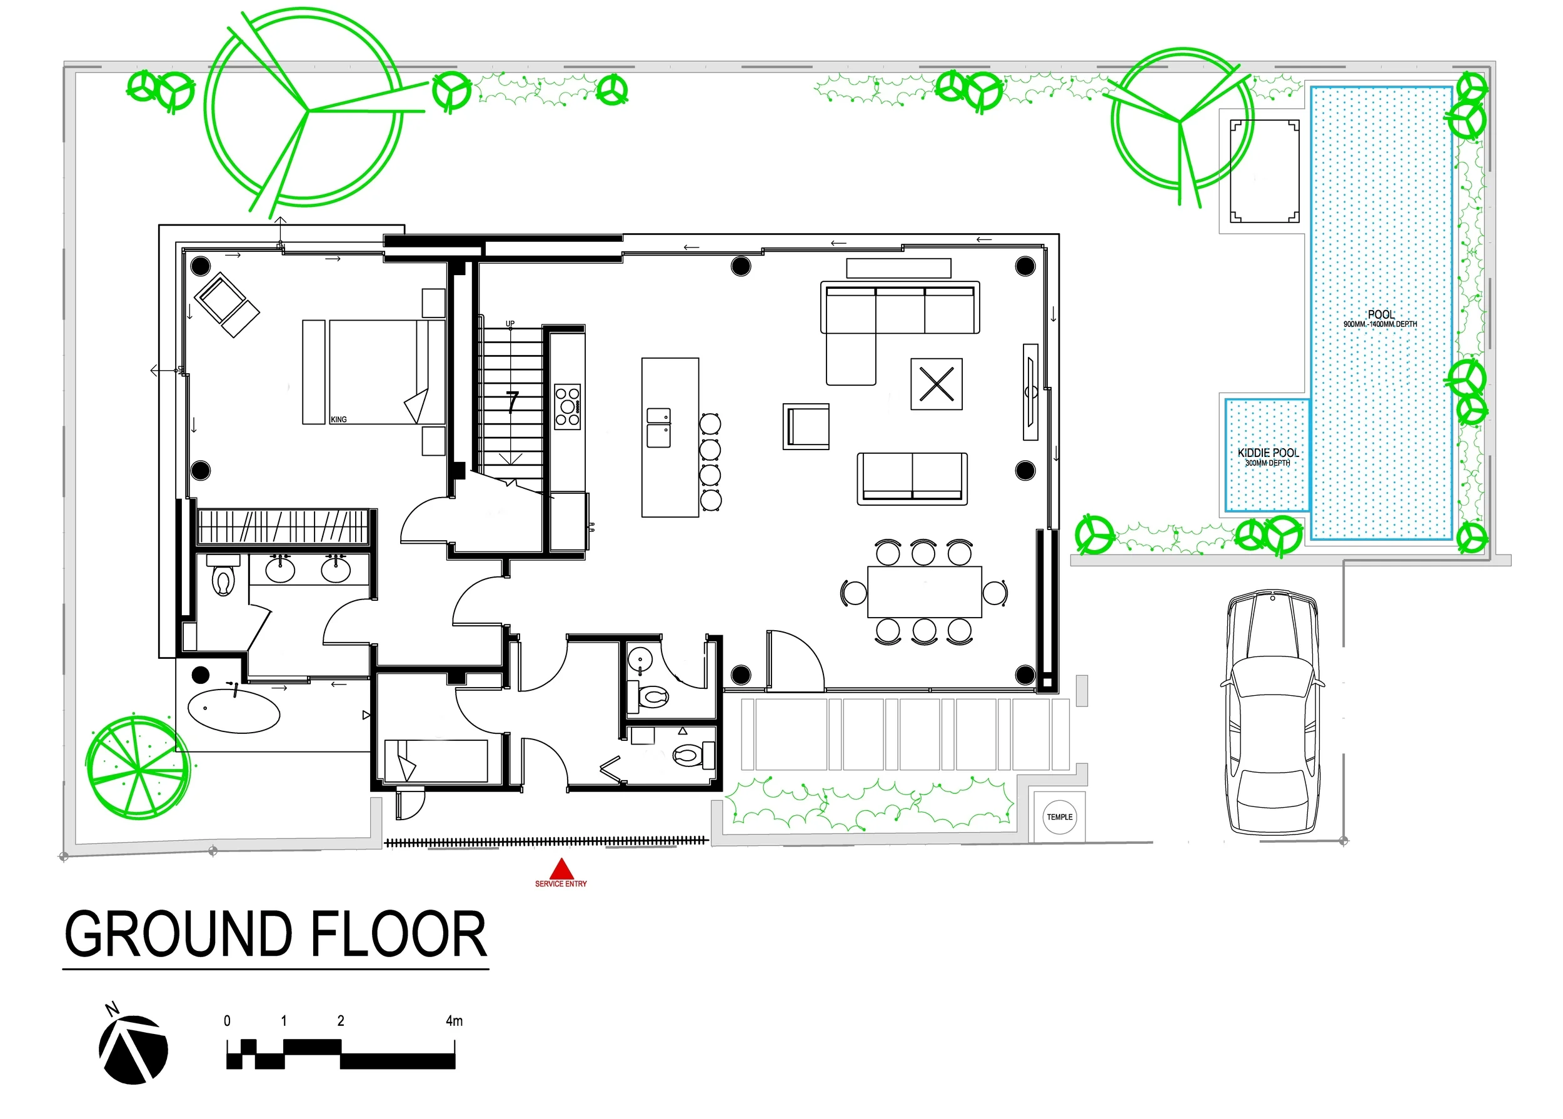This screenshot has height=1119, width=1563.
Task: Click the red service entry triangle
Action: coord(561,868)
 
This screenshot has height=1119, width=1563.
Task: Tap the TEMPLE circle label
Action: coord(1059,817)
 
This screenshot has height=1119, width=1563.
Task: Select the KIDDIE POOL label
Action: coord(1268,453)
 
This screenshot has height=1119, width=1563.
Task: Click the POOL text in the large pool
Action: coord(1381,314)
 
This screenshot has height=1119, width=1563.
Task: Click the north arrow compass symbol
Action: coord(133,1047)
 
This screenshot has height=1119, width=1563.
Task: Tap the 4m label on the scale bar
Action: coord(454,1020)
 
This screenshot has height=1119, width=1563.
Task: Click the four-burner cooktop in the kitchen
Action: coord(568,406)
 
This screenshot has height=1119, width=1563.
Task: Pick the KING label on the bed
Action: coord(338,419)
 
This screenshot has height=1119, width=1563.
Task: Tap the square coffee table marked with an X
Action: coord(937,384)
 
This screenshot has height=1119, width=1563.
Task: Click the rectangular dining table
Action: coord(924,592)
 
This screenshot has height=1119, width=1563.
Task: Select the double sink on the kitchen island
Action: coord(659,427)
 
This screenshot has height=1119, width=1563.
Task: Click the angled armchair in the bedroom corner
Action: coord(227,304)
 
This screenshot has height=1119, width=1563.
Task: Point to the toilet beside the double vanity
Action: coord(223,580)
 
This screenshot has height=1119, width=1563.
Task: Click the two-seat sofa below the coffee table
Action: coord(912,478)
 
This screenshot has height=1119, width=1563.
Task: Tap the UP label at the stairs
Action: coord(510,323)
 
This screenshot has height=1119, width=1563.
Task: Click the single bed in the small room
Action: coord(436,760)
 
